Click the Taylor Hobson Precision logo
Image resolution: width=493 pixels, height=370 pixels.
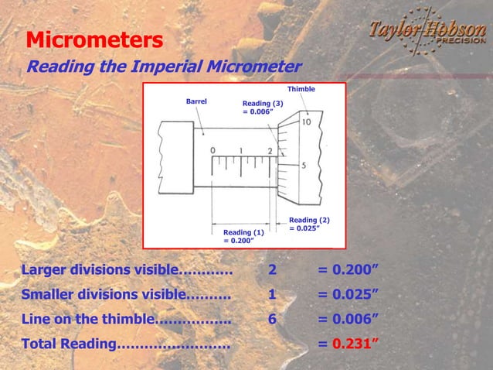(426, 33)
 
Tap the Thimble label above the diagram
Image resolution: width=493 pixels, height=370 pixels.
(301, 89)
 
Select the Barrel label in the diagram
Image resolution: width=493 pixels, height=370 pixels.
(196, 101)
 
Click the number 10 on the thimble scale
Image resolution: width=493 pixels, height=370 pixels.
(307, 122)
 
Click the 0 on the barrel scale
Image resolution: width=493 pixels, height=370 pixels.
(212, 150)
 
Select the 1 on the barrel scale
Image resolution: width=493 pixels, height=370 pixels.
(241, 150)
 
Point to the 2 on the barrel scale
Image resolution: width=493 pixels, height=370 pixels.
(270, 150)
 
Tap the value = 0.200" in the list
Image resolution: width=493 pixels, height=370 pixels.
(348, 270)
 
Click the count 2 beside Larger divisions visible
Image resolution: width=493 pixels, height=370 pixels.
(271, 270)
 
